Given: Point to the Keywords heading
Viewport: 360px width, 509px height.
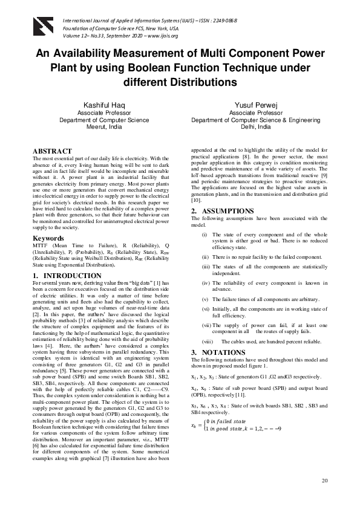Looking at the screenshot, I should pyautogui.click(x=48, y=238).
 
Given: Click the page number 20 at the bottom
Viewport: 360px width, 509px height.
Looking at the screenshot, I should pyautogui.click(x=325, y=481).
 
